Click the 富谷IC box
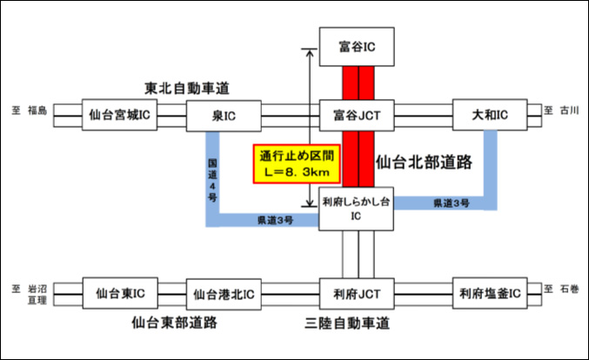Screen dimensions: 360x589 (358, 43)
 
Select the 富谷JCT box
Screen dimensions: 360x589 (358, 114)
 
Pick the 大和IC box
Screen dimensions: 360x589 (491, 114)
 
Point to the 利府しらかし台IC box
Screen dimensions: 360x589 (358, 209)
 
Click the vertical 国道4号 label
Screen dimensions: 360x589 (212, 177)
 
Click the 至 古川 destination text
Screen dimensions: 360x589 (561, 110)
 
